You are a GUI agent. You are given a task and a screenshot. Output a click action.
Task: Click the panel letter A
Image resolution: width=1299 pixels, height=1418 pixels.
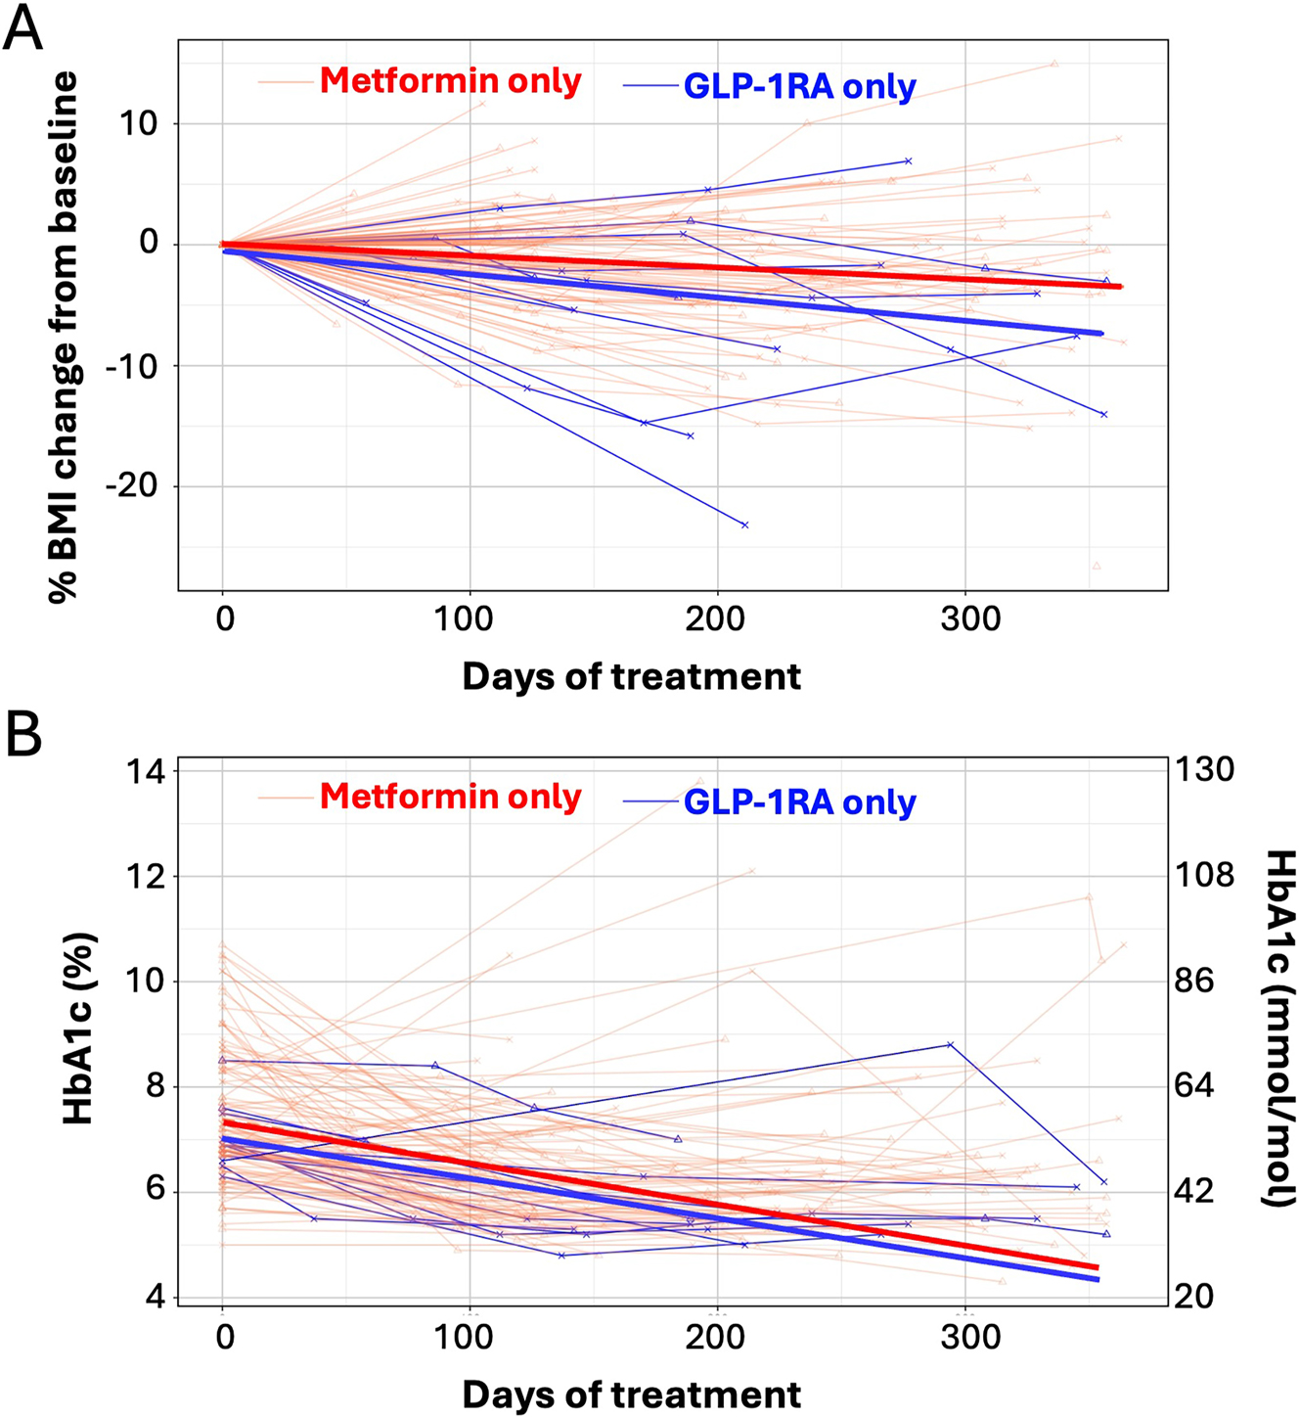[23, 28]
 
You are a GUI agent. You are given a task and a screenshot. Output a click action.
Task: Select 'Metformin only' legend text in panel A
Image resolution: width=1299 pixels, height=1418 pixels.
[450, 80]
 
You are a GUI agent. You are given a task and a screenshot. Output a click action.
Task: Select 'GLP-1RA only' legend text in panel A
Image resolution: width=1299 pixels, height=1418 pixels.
[799, 86]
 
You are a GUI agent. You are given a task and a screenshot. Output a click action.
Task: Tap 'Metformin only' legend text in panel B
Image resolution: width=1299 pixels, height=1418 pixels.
[450, 797]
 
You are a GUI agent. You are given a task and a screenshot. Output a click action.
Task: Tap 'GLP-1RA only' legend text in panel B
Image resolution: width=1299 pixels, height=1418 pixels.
[799, 802]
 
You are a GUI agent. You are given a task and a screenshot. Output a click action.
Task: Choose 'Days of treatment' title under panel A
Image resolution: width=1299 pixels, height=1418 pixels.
[631, 677]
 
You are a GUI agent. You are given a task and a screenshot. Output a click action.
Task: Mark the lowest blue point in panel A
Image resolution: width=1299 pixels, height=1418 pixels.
[745, 526]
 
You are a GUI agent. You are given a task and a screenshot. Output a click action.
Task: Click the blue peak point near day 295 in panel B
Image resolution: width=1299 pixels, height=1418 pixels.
[951, 1045]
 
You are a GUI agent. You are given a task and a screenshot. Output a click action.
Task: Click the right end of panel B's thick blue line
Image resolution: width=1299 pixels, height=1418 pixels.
[1097, 1279]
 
